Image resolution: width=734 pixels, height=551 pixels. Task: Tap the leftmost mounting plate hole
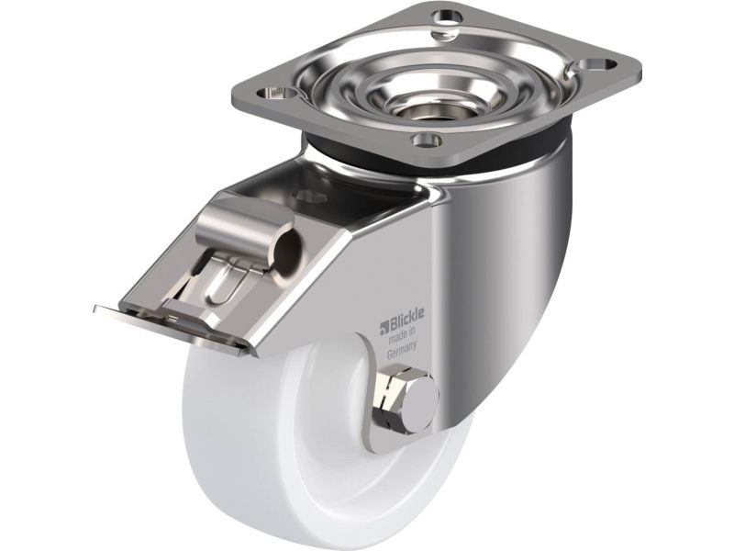(279, 91)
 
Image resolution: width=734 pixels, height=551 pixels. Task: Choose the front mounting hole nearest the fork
(426, 139)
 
